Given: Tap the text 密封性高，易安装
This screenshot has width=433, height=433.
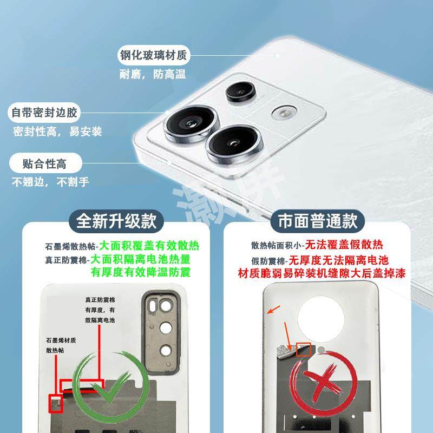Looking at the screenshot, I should coord(57,132).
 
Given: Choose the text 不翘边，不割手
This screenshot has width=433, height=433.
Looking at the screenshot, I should coord(51,181).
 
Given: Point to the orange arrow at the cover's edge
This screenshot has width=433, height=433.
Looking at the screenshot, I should coord(273,311).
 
